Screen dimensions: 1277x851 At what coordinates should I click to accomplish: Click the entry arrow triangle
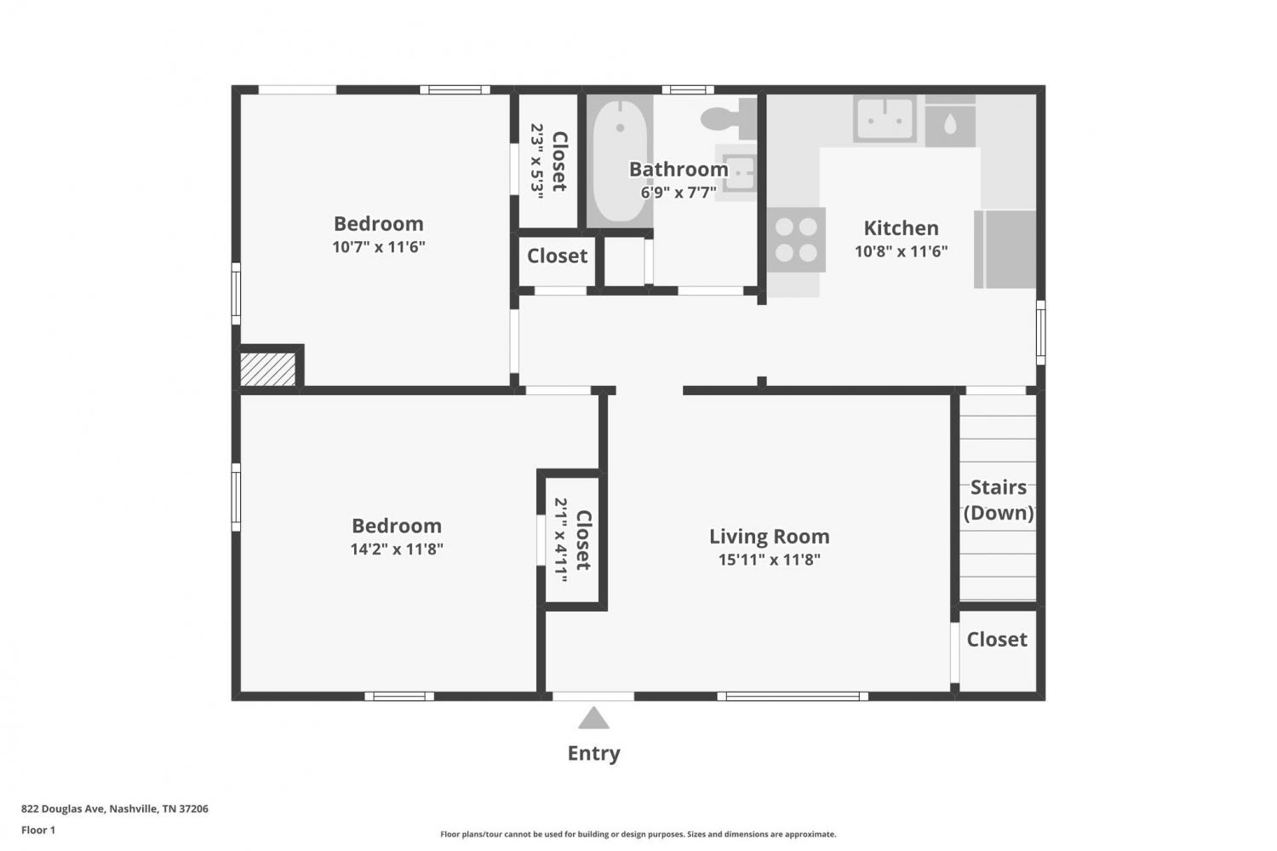click(593, 718)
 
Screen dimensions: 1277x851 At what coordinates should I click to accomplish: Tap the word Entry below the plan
click(593, 754)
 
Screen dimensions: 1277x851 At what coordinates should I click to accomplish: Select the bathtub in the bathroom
click(620, 161)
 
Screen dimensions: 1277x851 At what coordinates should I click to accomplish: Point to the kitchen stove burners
click(796, 239)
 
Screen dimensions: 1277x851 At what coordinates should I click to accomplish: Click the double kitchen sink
click(885, 118)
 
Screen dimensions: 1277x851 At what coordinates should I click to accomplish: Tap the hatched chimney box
click(267, 369)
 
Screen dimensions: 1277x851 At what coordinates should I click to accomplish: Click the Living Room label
click(769, 536)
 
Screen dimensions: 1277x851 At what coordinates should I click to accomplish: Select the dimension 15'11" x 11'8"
click(769, 560)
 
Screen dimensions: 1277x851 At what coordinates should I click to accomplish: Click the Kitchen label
click(901, 228)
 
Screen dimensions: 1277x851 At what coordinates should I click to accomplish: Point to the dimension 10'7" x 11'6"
click(379, 247)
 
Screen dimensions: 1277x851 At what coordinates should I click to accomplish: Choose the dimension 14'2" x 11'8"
click(397, 549)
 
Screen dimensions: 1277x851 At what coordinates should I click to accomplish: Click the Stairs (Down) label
click(999, 500)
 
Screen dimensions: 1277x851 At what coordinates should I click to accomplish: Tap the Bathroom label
click(679, 170)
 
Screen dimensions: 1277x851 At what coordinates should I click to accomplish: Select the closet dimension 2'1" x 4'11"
click(561, 539)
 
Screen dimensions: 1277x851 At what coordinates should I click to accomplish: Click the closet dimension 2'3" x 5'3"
click(537, 161)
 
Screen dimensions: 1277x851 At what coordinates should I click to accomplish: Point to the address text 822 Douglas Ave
click(63, 808)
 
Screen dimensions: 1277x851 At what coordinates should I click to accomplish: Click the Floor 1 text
click(38, 830)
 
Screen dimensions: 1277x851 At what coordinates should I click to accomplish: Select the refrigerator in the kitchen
click(1005, 250)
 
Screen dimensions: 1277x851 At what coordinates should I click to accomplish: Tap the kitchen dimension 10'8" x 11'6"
click(901, 251)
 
